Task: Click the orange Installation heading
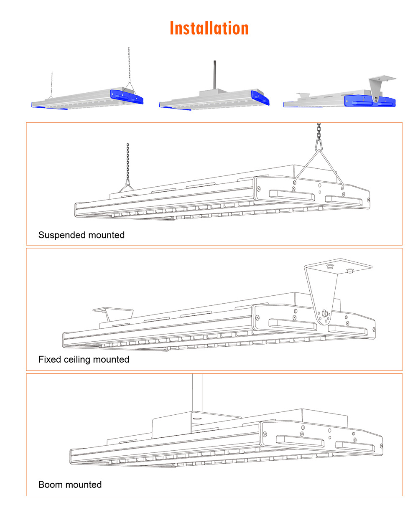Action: pos(209,28)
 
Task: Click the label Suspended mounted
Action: pos(82,235)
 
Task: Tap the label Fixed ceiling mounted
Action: pos(84,360)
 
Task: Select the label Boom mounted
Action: pos(70,485)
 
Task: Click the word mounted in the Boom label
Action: pos(84,485)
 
